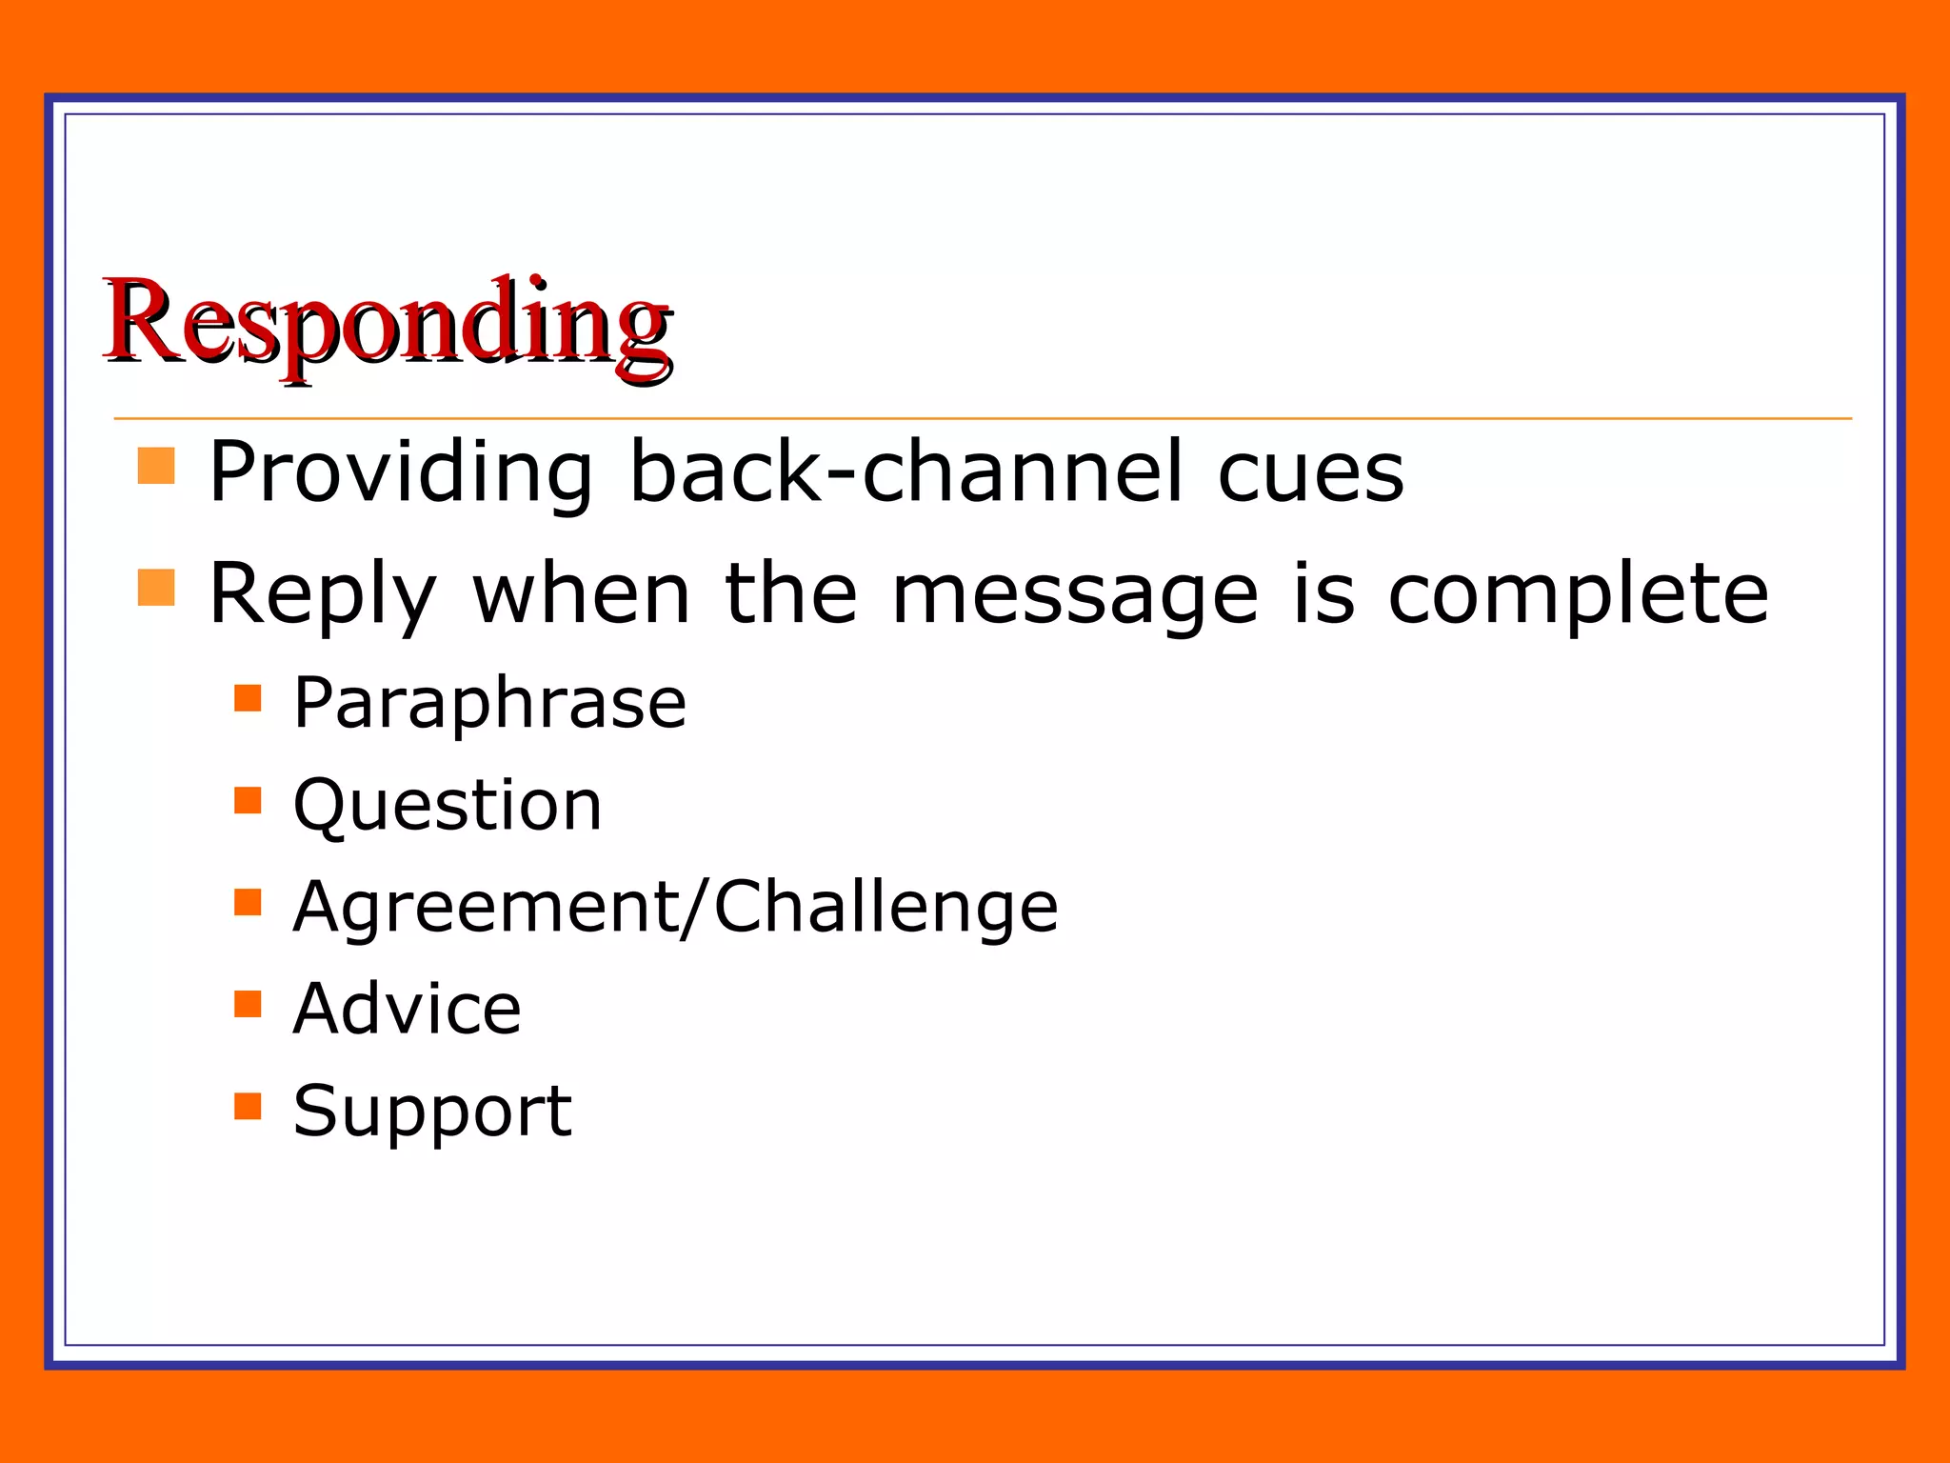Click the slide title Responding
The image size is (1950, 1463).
388,324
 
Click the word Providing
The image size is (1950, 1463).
400,471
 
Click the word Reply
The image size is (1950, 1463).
322,595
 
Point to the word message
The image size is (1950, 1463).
1075,595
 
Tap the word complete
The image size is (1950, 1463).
1578,595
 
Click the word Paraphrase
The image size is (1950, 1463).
489,703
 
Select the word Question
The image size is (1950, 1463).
448,806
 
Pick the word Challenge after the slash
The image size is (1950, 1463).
885,906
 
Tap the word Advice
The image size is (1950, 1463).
408,1009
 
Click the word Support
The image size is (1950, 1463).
432,1112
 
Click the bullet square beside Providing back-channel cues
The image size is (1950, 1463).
156,467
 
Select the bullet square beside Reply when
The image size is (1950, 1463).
156,588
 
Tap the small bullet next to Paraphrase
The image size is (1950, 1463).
248,698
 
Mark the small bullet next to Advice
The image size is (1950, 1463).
248,1004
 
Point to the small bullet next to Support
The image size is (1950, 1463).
248,1106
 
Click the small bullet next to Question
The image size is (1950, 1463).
248,800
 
